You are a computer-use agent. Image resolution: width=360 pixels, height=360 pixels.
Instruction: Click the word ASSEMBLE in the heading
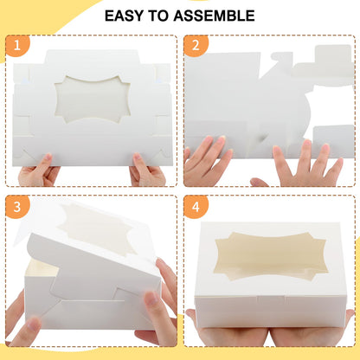[x=214, y=16]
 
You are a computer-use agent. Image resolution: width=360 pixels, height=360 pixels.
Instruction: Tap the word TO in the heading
[x=158, y=16]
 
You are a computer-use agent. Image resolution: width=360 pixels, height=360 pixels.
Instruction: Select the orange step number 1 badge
[x=17, y=46]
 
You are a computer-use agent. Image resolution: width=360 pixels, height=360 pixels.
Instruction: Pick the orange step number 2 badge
[x=196, y=46]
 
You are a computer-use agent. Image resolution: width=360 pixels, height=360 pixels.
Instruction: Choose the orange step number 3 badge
[x=17, y=207]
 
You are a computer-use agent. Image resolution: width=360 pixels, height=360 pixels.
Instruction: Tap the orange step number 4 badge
[x=196, y=207]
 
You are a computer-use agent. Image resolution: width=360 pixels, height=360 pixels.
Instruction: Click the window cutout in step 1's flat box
[x=93, y=100]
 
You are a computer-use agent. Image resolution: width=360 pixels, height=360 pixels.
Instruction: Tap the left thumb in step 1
[x=45, y=160]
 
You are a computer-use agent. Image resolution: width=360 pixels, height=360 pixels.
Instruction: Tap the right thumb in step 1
[x=138, y=159]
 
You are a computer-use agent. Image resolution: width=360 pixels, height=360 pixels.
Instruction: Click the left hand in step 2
[x=206, y=162]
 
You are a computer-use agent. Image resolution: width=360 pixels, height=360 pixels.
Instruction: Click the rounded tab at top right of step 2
[x=333, y=55]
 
